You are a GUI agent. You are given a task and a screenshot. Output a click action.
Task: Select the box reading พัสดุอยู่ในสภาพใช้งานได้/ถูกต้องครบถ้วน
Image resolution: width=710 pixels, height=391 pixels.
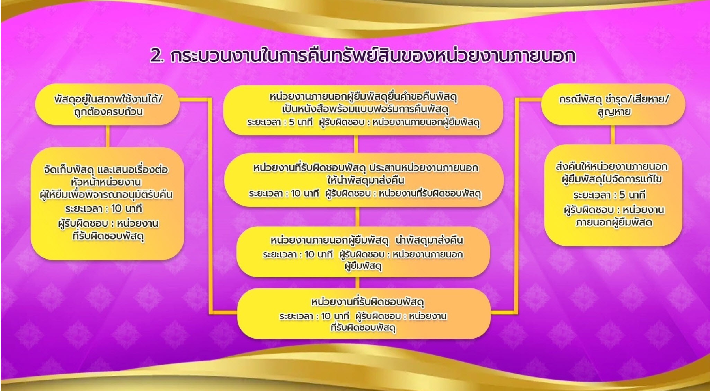[x=108, y=105]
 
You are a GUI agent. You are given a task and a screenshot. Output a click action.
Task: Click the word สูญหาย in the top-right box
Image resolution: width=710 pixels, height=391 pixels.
[x=614, y=112]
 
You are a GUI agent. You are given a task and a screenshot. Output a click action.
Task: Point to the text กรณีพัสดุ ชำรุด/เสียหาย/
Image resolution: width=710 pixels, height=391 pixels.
[x=614, y=99]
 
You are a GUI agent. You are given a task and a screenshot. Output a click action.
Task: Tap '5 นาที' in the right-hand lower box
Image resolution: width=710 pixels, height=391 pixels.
[x=632, y=195]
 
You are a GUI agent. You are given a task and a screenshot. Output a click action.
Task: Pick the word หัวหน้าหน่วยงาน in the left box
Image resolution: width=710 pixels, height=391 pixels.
[x=106, y=182]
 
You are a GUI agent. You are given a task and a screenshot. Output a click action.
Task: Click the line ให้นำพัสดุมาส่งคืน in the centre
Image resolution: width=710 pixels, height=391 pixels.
[x=366, y=181]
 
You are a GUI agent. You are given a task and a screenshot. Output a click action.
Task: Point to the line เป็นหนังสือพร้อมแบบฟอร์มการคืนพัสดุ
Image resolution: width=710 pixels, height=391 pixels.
[x=366, y=109]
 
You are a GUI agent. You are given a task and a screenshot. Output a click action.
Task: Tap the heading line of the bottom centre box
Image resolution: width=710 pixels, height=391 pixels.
[x=367, y=302]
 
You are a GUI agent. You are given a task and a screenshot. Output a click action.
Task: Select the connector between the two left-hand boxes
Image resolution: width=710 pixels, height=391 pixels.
[x=108, y=136]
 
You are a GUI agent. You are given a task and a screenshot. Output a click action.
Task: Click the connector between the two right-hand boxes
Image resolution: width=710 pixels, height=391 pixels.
[x=613, y=134]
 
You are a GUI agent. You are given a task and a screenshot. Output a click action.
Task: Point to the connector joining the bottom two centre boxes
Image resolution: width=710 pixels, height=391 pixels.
[x=358, y=283]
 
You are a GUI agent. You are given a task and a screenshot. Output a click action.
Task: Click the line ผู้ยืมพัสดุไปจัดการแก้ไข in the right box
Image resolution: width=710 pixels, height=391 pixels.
[x=612, y=180]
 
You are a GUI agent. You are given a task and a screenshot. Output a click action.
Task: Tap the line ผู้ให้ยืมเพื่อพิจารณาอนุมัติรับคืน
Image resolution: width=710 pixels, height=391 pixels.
[x=106, y=195]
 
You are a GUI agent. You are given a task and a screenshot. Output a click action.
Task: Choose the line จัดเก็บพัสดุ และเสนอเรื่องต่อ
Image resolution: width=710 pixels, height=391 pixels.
[x=106, y=170]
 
